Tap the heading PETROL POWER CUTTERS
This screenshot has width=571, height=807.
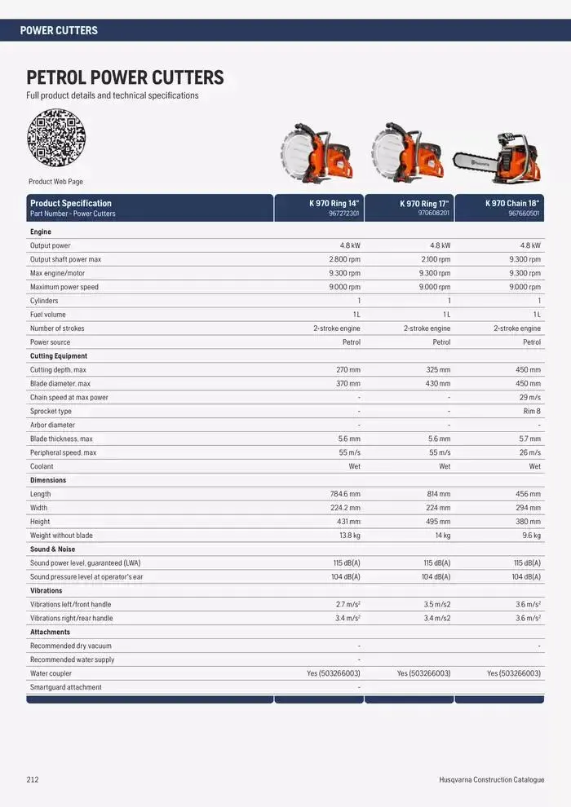tap(125, 78)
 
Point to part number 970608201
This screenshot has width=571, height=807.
tap(434, 214)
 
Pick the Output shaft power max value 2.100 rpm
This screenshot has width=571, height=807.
tap(434, 259)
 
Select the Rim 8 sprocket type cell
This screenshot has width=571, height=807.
tap(532, 412)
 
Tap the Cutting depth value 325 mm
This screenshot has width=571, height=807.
tap(438, 370)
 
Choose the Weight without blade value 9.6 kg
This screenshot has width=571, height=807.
tap(531, 536)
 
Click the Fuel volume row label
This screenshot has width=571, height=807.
tap(48, 315)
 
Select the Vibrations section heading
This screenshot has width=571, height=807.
tap(46, 591)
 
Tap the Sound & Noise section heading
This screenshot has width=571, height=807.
tap(52, 549)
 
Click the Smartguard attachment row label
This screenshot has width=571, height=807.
tap(66, 687)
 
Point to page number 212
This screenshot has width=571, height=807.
tap(33, 780)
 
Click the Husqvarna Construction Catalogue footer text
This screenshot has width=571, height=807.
tap(491, 780)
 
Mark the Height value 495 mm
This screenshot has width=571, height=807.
tap(438, 522)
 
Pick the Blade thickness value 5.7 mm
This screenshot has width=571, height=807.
tap(529, 439)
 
